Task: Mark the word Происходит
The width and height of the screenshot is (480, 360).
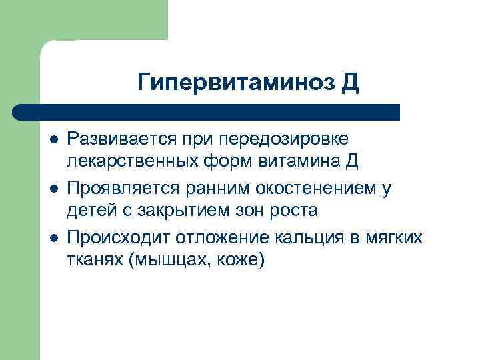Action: point(117,237)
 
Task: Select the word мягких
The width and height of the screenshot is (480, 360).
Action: point(398,237)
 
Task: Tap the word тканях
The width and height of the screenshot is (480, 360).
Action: point(93,259)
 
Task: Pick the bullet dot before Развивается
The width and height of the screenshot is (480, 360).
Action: point(53,139)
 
